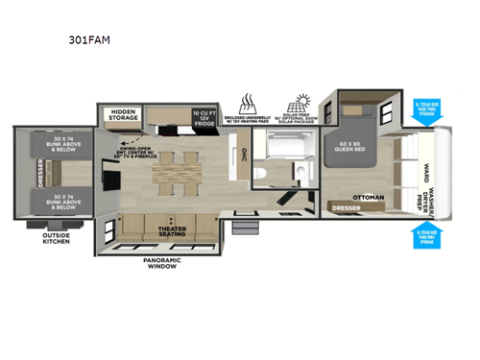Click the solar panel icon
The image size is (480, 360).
[300, 103]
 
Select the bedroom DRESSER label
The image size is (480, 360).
[346, 206]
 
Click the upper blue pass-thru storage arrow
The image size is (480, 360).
[424, 108]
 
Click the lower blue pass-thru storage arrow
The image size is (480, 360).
[424, 234]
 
